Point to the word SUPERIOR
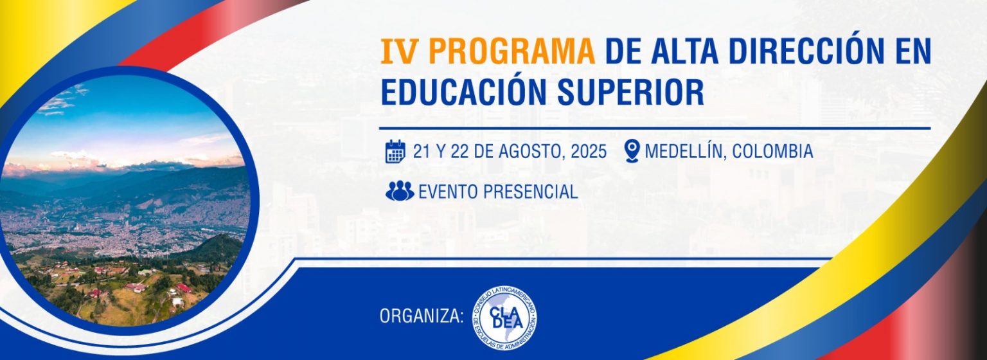pos(630,93)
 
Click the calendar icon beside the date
pos(395,152)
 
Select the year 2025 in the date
pos(589,152)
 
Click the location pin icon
pos(632,151)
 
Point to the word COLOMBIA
pos(772,152)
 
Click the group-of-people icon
pos(400,191)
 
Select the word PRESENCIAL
pos(530,192)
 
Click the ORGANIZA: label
pos(422,316)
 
